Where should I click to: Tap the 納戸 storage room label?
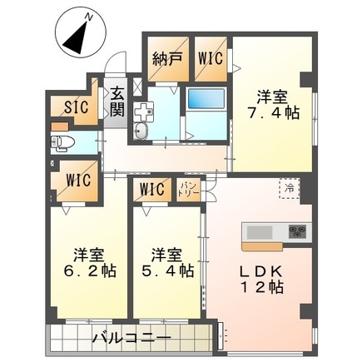coord(166,59)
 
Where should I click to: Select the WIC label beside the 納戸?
coord(210,59)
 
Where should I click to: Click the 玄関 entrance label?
coord(116,101)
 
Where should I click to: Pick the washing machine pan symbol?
coord(142,110)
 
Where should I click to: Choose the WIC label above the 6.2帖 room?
coord(74,178)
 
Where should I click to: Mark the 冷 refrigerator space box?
coord(286,188)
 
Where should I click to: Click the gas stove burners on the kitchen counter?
coord(295,231)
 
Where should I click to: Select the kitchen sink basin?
coord(258,231)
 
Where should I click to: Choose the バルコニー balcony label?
coord(131,339)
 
